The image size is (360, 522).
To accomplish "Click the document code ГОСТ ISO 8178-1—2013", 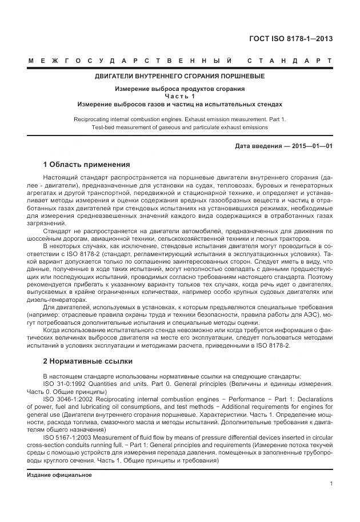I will [x=291, y=39].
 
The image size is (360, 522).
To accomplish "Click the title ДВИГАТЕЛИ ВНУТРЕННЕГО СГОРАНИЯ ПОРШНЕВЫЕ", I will [x=179, y=76].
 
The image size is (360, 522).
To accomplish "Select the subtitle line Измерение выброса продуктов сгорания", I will [x=179, y=89].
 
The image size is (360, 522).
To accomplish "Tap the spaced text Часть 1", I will [x=179, y=97].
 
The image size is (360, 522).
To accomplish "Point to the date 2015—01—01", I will [x=312, y=146].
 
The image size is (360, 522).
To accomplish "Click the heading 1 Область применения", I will [x=87, y=164].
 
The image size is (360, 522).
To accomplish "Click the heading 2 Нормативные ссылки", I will [x=88, y=361].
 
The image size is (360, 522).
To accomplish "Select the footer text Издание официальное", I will [x=59, y=475].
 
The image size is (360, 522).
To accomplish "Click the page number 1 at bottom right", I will [x=331, y=484].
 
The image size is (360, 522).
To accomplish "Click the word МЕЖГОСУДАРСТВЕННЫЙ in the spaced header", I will [x=129, y=61].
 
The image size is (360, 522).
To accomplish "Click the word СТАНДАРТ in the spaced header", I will [x=290, y=61].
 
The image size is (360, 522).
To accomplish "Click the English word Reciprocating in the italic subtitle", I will [x=94, y=119].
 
